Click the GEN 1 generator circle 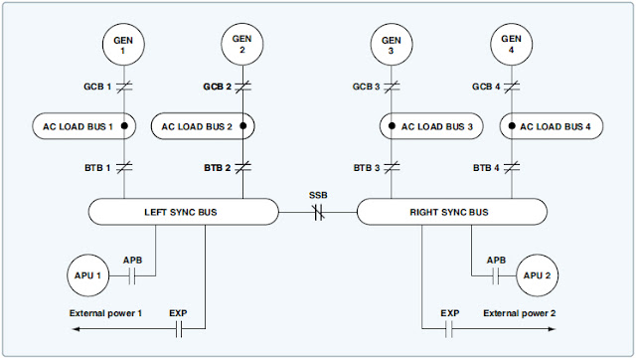(x=124, y=44)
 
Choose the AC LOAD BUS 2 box (x=205, y=127)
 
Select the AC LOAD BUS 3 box (x=431, y=127)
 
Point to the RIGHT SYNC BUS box (x=451, y=212)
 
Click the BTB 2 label (x=216, y=168)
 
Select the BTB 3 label (x=365, y=168)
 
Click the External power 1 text (x=106, y=313)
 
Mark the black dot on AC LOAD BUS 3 (x=393, y=127)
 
